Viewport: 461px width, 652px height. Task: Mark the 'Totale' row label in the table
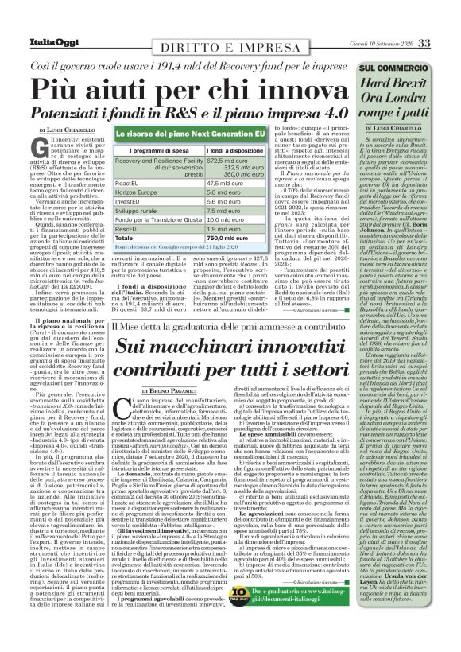tap(125, 237)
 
